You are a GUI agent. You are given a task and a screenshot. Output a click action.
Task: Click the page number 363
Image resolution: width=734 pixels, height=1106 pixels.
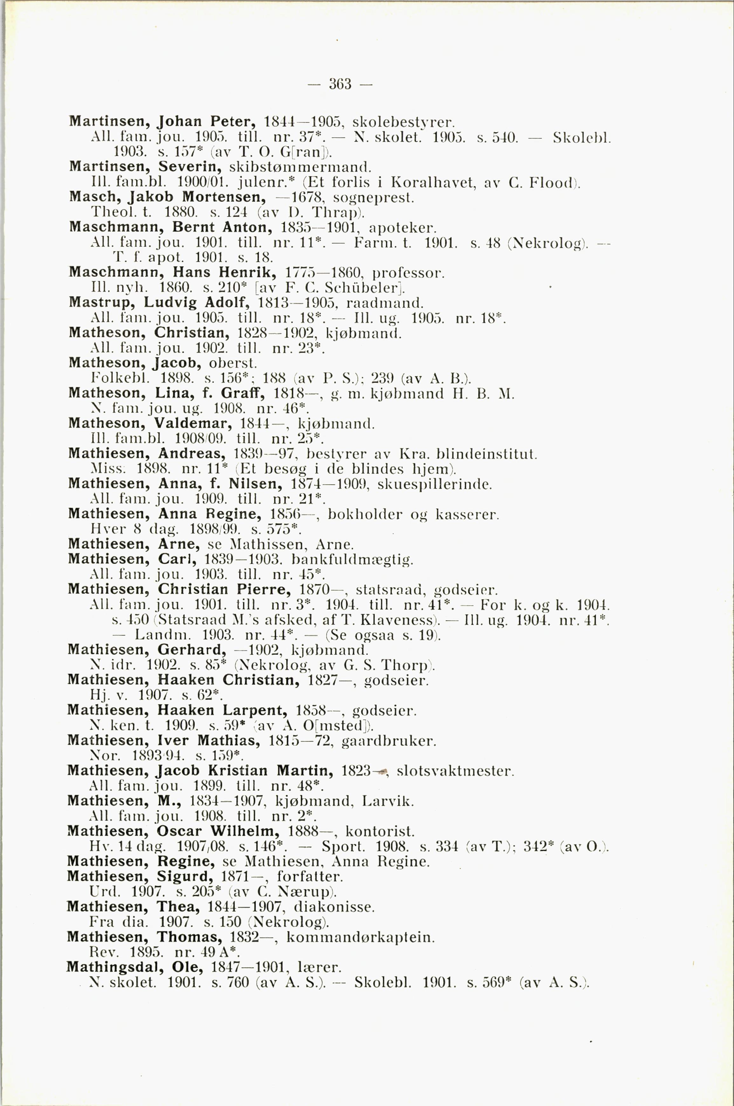pyautogui.click(x=340, y=84)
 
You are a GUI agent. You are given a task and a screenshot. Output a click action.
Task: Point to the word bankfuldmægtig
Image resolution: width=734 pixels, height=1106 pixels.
pyautogui.click(x=352, y=560)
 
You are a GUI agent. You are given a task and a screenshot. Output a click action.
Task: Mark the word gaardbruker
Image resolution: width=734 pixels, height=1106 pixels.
pyautogui.click(x=389, y=741)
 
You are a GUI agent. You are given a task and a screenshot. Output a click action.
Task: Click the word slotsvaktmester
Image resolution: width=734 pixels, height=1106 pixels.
pyautogui.click(x=455, y=771)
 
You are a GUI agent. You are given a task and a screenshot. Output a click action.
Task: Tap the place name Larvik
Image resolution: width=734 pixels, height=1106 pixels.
pyautogui.click(x=388, y=801)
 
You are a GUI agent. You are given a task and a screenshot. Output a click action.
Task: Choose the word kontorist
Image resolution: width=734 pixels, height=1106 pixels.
pyautogui.click(x=380, y=831)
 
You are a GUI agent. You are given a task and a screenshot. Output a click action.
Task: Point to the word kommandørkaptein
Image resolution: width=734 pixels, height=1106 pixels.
pyautogui.click(x=360, y=937)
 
